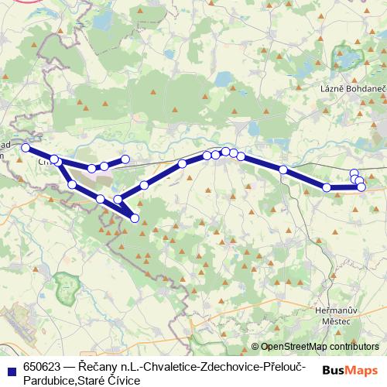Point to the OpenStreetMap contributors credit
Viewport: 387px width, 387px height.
320,346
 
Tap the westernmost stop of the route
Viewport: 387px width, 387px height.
26,148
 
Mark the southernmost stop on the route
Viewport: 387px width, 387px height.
135,218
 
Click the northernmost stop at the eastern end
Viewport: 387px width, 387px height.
354,173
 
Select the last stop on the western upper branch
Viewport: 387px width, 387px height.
124,159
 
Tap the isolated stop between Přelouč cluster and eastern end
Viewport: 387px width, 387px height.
284,170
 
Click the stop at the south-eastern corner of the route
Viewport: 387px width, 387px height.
361,187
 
